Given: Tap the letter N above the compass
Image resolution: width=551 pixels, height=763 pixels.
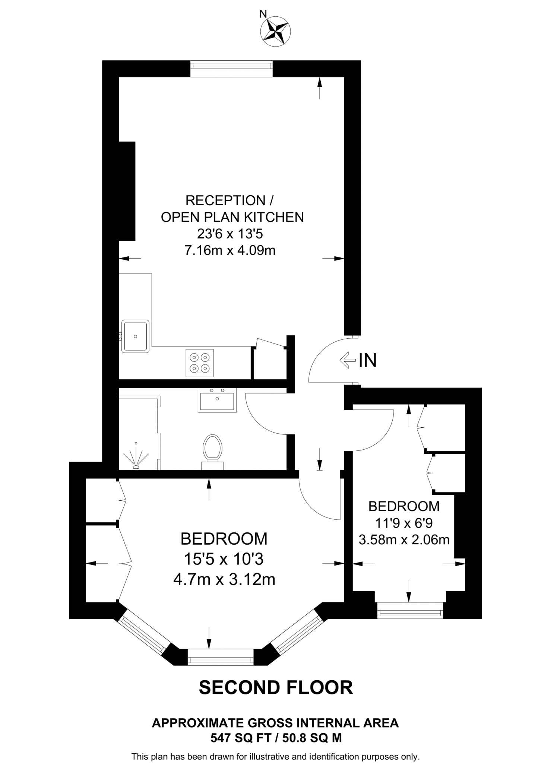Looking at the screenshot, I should pos(263,14).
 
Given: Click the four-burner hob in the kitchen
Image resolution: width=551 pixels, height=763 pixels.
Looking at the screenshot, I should pos(200,363).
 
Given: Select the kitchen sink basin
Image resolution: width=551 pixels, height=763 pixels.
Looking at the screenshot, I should pos(135,336).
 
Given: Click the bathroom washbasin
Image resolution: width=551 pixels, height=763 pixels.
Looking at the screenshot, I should pos(217,401).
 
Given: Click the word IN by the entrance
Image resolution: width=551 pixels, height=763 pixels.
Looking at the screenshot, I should pos(368,361).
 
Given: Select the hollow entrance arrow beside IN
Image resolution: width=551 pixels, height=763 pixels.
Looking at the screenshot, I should pos(347,360).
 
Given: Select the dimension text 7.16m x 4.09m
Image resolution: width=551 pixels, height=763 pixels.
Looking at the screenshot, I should pos(230,250).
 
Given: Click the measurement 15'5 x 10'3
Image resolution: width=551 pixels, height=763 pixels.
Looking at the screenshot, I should pos(224,559).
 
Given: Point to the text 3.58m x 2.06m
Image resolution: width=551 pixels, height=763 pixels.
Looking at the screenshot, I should pos(404,539).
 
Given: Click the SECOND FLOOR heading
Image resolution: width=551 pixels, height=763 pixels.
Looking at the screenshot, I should pos(276,688).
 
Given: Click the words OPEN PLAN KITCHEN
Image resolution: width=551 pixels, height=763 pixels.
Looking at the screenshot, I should pos(232,217).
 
